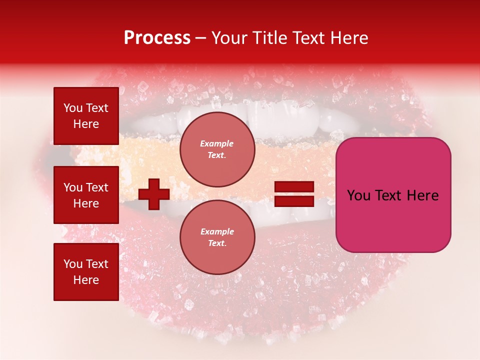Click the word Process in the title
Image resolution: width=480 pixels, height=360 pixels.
157,38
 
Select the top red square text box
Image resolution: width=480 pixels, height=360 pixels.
86,116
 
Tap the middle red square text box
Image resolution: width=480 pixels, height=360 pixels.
86,195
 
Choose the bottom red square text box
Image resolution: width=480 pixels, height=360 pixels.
86,271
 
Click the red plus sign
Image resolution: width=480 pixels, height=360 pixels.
154,194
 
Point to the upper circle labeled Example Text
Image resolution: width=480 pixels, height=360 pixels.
217,149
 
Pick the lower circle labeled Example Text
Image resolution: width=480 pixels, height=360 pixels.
217,237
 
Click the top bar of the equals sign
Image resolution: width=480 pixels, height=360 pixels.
294,187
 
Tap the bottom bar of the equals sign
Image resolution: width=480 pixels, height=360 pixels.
294,201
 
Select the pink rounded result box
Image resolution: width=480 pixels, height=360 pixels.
393,194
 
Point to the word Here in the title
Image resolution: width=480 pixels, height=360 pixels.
349,38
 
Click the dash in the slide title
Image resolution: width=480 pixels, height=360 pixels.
200,38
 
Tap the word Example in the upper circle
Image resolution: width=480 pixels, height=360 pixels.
217,143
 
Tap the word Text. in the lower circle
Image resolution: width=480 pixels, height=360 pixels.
217,243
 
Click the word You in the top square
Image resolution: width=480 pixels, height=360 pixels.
73,108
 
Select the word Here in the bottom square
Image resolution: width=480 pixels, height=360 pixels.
86,280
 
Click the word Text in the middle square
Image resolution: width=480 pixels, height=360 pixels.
96,187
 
